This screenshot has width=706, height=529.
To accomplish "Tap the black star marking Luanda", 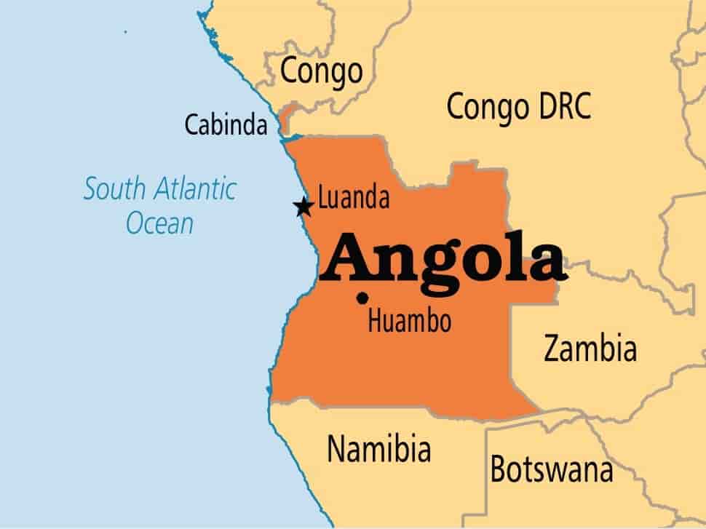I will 304,207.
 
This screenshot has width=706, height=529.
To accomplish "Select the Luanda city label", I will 354,198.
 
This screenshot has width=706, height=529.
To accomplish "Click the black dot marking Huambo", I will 362,297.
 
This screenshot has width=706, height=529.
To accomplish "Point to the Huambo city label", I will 409,321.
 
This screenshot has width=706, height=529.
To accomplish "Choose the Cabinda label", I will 226,124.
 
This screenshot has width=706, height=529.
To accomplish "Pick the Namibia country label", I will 378,448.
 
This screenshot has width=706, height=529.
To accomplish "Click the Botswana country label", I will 551,469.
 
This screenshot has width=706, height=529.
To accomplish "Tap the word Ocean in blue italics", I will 159,223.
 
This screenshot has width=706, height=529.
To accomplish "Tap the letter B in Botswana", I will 498,469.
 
